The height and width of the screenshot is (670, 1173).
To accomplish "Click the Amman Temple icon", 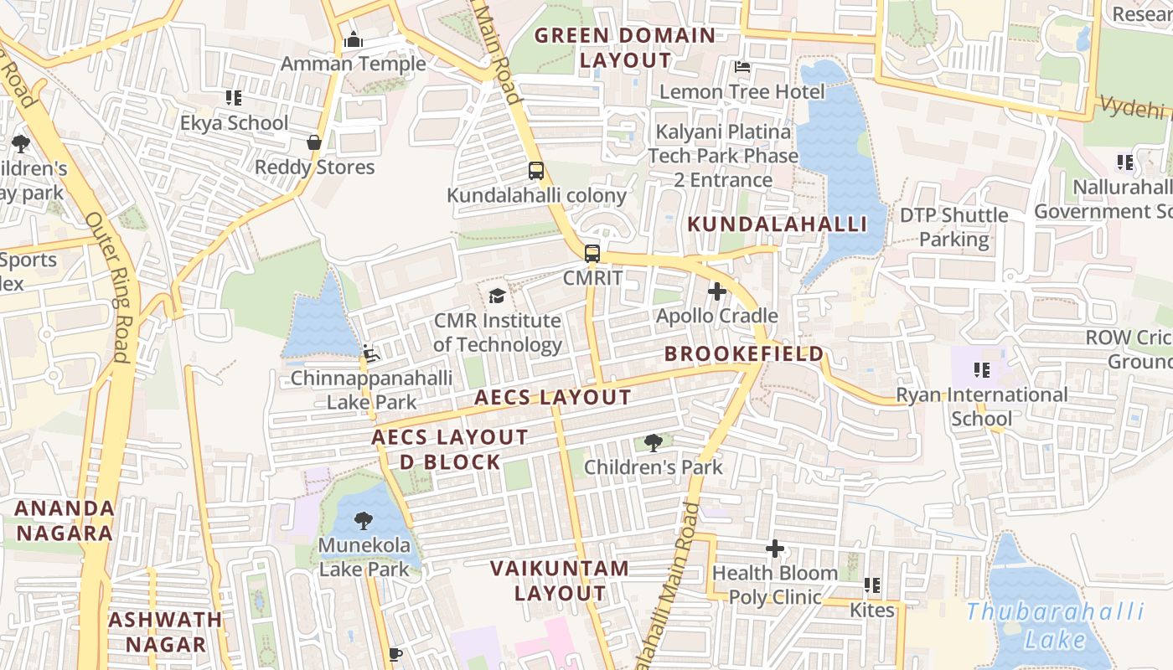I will [353, 39].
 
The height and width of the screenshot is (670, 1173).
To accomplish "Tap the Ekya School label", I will [234, 123].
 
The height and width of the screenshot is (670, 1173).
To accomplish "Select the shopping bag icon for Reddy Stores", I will [314, 142].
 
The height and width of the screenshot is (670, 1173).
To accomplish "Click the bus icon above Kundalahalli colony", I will [536, 171].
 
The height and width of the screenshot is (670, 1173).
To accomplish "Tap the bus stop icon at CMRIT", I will [592, 253].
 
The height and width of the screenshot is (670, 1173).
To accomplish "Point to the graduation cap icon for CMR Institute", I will [497, 296].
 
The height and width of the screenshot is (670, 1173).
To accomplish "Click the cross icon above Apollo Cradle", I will [717, 291].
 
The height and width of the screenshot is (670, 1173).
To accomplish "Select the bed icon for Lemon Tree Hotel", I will [742, 66].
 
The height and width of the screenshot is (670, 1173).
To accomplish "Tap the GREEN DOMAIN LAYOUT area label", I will [625, 48].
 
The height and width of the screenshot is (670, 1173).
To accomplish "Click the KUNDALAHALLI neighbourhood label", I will [777, 224].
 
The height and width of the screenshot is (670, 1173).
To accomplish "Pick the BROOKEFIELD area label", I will [744, 354].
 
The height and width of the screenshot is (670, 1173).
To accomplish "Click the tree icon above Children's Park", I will [653, 443].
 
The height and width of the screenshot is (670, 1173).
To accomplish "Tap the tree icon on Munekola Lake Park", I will [364, 522].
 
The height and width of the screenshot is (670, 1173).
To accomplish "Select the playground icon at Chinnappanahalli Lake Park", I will [371, 354].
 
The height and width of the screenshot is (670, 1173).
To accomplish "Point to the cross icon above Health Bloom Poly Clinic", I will [775, 549].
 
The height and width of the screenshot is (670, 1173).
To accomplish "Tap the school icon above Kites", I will [871, 585].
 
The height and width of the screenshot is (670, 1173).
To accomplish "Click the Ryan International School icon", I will [982, 369].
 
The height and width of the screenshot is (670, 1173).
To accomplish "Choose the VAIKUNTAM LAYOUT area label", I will [560, 580].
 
